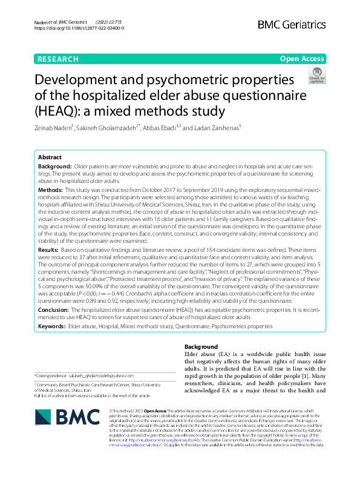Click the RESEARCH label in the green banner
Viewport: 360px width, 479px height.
coord(58,59)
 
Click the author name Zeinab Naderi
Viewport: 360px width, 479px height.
coord(54,128)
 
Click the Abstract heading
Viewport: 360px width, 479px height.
coord(50,156)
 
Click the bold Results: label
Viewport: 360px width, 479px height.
coord(50,249)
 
